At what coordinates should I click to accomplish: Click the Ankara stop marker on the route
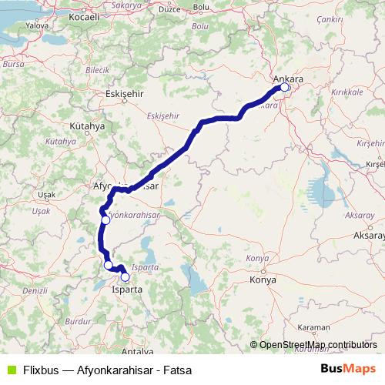coord(284,88)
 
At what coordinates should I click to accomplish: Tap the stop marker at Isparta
coord(125,277)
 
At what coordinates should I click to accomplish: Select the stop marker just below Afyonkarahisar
coord(105,220)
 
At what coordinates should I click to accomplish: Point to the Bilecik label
coord(99,69)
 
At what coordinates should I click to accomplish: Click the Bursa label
coord(13,65)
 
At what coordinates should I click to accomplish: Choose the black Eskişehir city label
coord(119,94)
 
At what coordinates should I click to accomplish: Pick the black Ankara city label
coord(289,79)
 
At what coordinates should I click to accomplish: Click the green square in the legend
coord(10,370)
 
